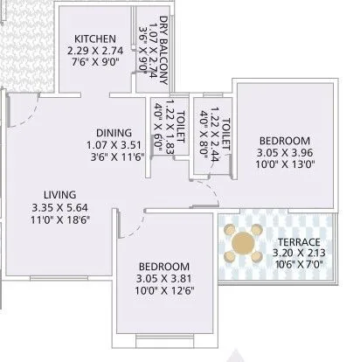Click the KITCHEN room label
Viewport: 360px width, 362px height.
[95, 38]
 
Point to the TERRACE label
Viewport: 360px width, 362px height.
[298, 242]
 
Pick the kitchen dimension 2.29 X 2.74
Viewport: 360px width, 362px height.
[95, 50]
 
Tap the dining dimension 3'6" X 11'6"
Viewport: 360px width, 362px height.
[113, 157]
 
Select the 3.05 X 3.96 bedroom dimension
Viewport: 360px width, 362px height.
[285, 153]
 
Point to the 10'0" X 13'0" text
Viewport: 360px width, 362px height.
[285, 165]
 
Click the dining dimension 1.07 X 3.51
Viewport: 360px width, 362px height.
[113, 145]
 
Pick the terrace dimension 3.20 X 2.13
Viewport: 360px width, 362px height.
[298, 254]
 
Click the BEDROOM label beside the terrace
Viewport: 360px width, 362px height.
[285, 141]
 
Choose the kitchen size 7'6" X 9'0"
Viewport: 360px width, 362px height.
[95, 62]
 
